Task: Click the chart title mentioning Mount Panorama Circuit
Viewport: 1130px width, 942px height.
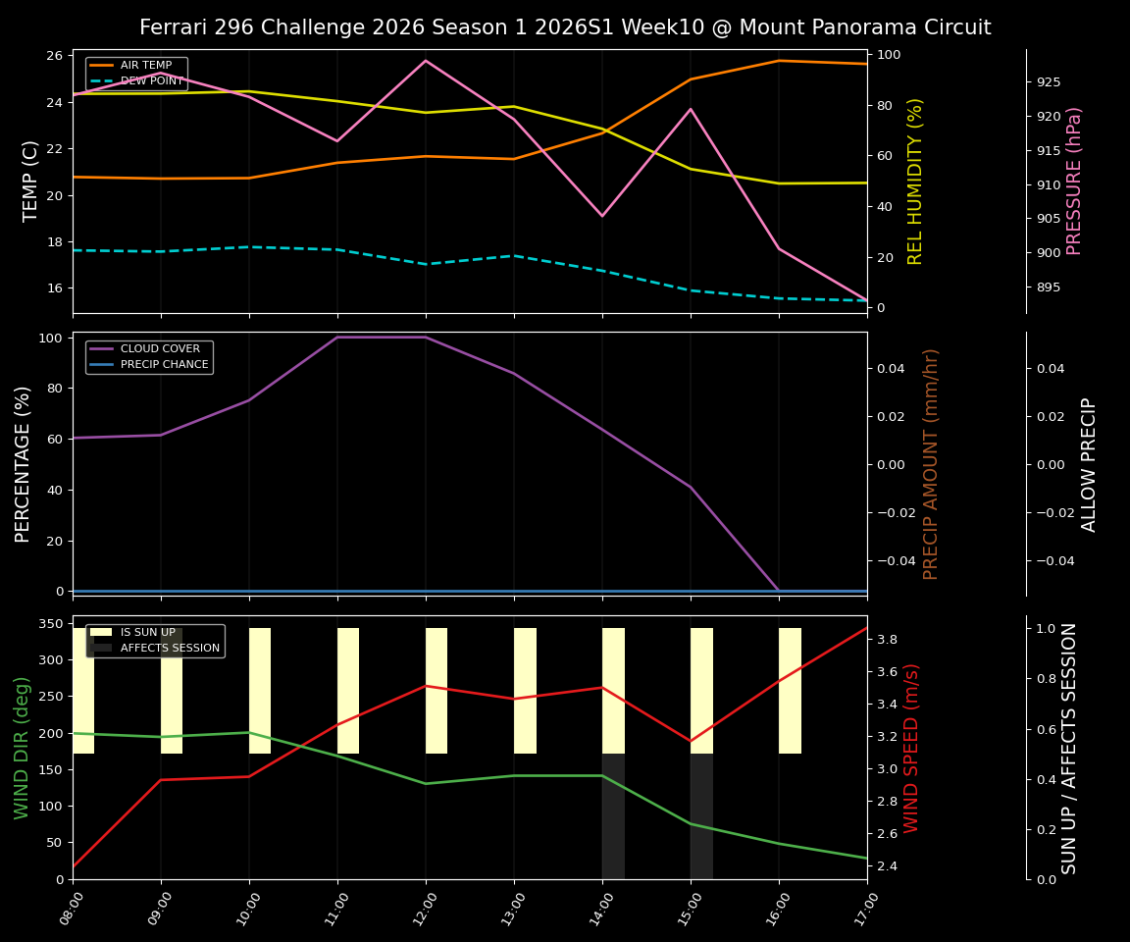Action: (565, 27)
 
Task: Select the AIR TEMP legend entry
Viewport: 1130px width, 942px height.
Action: (145, 66)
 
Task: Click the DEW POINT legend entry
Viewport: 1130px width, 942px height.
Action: (151, 81)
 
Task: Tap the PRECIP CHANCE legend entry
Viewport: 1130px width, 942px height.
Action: (164, 365)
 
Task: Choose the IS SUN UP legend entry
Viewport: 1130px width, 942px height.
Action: (147, 633)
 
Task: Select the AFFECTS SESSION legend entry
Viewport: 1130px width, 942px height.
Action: (169, 649)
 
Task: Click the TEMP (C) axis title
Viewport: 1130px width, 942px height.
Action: (31, 181)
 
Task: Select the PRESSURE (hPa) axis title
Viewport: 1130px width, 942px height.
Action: (1074, 181)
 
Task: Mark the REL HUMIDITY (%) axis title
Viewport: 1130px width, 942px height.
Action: (915, 181)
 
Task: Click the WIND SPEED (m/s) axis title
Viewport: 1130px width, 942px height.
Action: (912, 748)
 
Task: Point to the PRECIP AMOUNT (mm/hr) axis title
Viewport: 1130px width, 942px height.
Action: (931, 463)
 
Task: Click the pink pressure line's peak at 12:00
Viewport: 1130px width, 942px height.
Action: (426, 61)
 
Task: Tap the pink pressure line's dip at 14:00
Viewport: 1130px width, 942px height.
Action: (602, 216)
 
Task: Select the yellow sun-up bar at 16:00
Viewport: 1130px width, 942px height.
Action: (790, 691)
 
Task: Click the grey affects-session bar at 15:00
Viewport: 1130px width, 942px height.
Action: (701, 816)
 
